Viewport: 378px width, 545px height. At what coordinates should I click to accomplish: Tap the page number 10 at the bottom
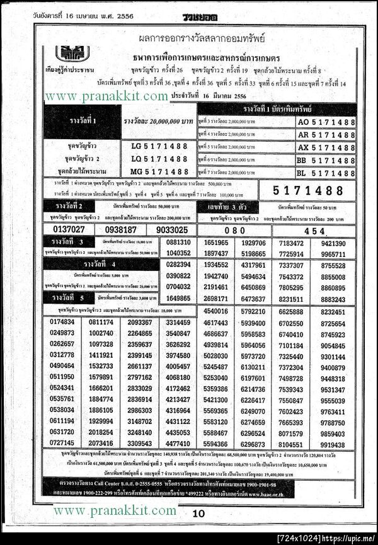point(198,513)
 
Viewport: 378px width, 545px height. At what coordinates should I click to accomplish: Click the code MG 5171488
point(160,171)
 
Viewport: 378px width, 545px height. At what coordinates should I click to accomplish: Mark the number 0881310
point(178,243)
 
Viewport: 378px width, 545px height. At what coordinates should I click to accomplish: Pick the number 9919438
point(333,444)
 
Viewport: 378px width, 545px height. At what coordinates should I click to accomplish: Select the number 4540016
point(216,311)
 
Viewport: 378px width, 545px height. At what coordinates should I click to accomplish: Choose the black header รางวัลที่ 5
point(66,297)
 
